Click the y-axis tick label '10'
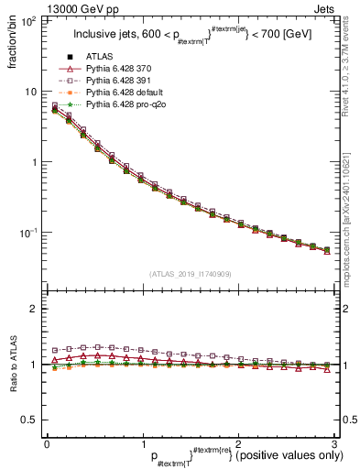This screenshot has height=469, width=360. (x=30, y=92)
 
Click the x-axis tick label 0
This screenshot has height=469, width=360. (x=47, y=444)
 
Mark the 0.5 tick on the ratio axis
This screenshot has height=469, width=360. (x=30, y=420)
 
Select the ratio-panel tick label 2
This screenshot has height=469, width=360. (x=35, y=309)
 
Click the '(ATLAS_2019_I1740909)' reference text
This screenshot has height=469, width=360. (x=189, y=274)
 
